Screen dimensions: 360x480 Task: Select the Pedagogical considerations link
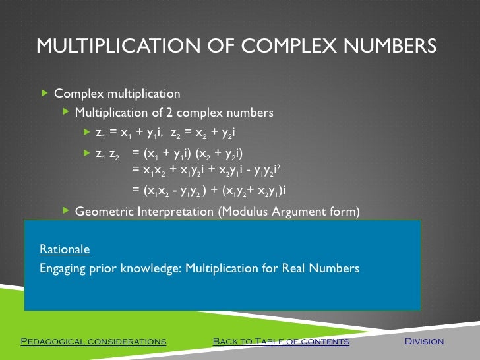point(94,342)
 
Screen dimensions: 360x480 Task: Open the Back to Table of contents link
point(281,342)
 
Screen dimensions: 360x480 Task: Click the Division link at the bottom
point(424,342)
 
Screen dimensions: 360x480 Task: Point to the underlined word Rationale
point(65,249)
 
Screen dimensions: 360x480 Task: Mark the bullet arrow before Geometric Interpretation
point(66,210)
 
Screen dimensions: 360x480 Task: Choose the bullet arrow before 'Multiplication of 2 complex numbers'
point(66,112)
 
